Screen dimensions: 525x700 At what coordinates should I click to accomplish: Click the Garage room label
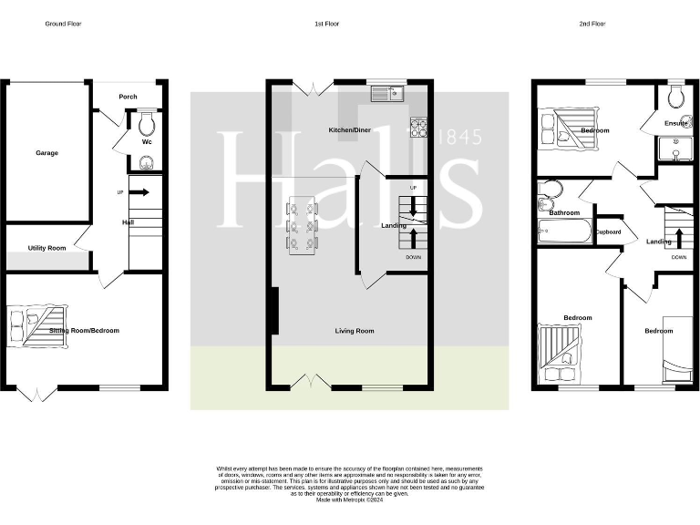point(46,153)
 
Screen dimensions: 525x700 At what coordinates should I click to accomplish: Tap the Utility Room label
point(46,248)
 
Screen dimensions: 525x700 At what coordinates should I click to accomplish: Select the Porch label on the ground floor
point(129,98)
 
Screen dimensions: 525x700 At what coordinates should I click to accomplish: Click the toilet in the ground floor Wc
point(147,124)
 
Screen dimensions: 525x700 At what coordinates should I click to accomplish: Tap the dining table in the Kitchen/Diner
point(302,223)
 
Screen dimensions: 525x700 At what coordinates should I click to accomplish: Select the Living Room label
point(355,331)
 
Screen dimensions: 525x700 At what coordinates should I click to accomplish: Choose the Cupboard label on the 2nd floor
point(609,232)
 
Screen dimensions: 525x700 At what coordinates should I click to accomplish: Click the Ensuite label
point(675,123)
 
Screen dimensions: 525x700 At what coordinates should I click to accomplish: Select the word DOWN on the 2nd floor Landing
point(679,257)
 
